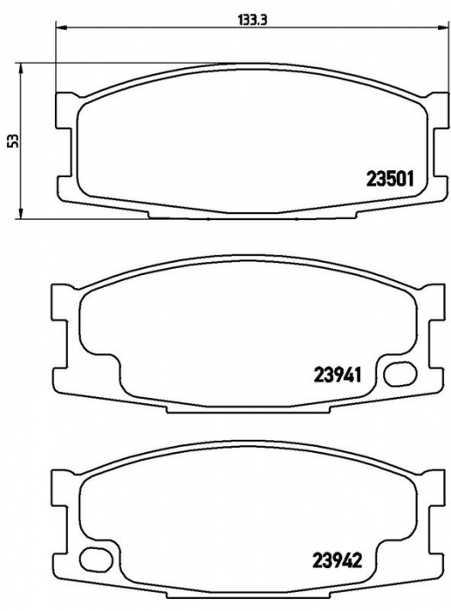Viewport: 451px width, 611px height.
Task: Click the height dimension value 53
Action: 14,141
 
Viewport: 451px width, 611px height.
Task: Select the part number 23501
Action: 389,179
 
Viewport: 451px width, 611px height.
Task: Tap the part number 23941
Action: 338,375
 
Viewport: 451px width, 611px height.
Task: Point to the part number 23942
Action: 338,560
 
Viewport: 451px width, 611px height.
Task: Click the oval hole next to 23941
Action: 400,374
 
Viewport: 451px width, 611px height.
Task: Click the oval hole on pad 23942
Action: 96,560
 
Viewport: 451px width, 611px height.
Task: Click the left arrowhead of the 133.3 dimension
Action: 62,27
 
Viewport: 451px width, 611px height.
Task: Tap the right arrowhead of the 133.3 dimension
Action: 442,27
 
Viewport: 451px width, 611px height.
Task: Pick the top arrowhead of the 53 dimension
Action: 21,70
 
